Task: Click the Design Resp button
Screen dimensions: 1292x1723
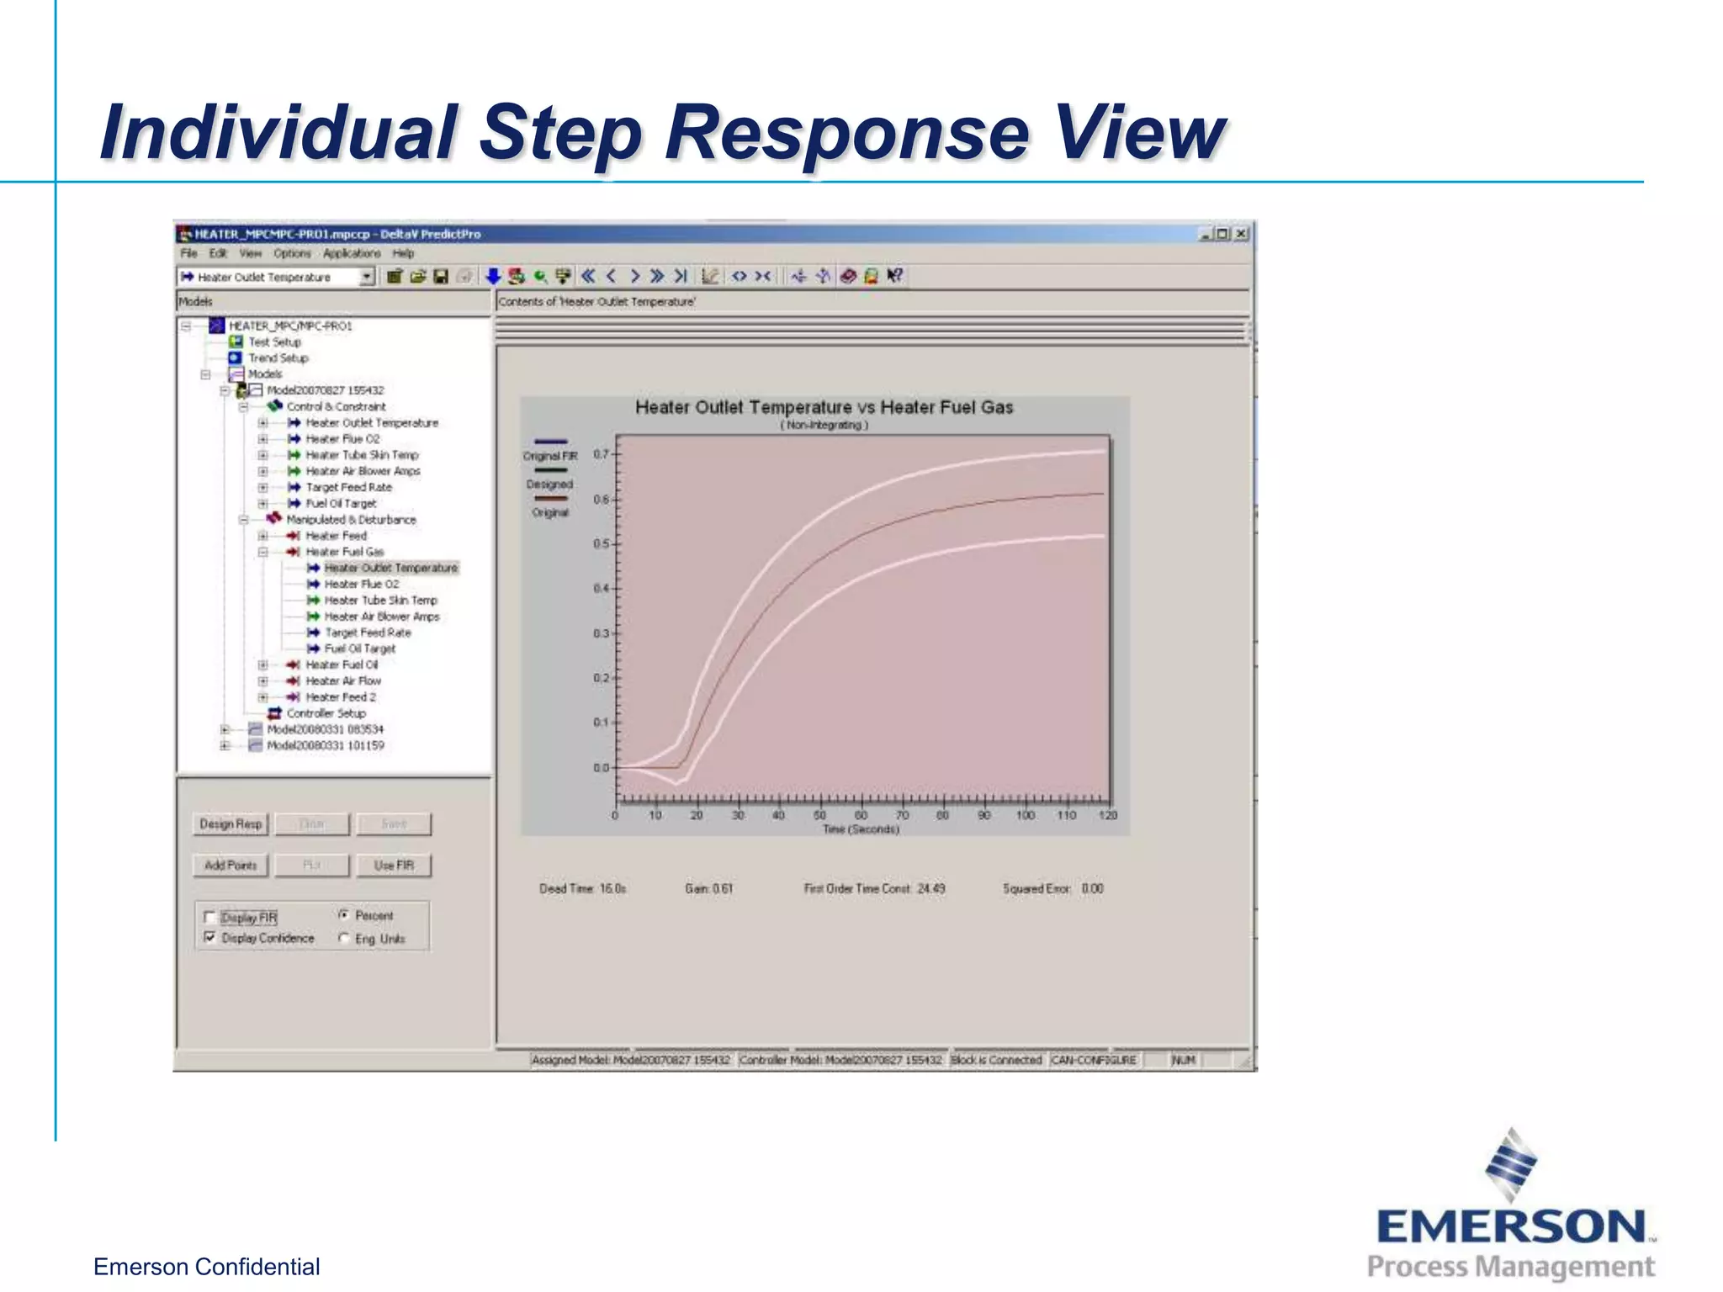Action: pyautogui.click(x=230, y=824)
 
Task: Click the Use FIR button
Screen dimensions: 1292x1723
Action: pyautogui.click(x=394, y=866)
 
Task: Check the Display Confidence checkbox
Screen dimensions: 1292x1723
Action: pyautogui.click(x=210, y=938)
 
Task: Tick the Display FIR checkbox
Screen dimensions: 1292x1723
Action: pyautogui.click(x=210, y=918)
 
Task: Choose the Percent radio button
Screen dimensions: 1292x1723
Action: pyautogui.click(x=343, y=915)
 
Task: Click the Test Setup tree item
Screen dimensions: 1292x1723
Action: pyautogui.click(x=273, y=342)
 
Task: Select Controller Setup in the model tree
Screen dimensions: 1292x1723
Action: pyautogui.click(x=326, y=713)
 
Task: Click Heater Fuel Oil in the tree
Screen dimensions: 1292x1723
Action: pyautogui.click(x=342, y=665)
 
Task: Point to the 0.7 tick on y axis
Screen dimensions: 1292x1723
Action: pyautogui.click(x=601, y=454)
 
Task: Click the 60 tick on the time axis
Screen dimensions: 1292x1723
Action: pyautogui.click(x=861, y=816)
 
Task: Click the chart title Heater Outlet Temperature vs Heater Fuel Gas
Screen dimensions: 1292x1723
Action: pyautogui.click(x=824, y=407)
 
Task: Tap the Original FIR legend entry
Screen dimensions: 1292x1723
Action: pyautogui.click(x=550, y=455)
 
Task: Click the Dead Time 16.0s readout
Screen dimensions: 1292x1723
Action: pyautogui.click(x=582, y=889)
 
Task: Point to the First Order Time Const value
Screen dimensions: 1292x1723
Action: pyautogui.click(x=930, y=889)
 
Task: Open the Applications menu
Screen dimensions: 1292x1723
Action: pyautogui.click(x=352, y=253)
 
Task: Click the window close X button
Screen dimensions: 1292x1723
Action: pyautogui.click(x=1241, y=234)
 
